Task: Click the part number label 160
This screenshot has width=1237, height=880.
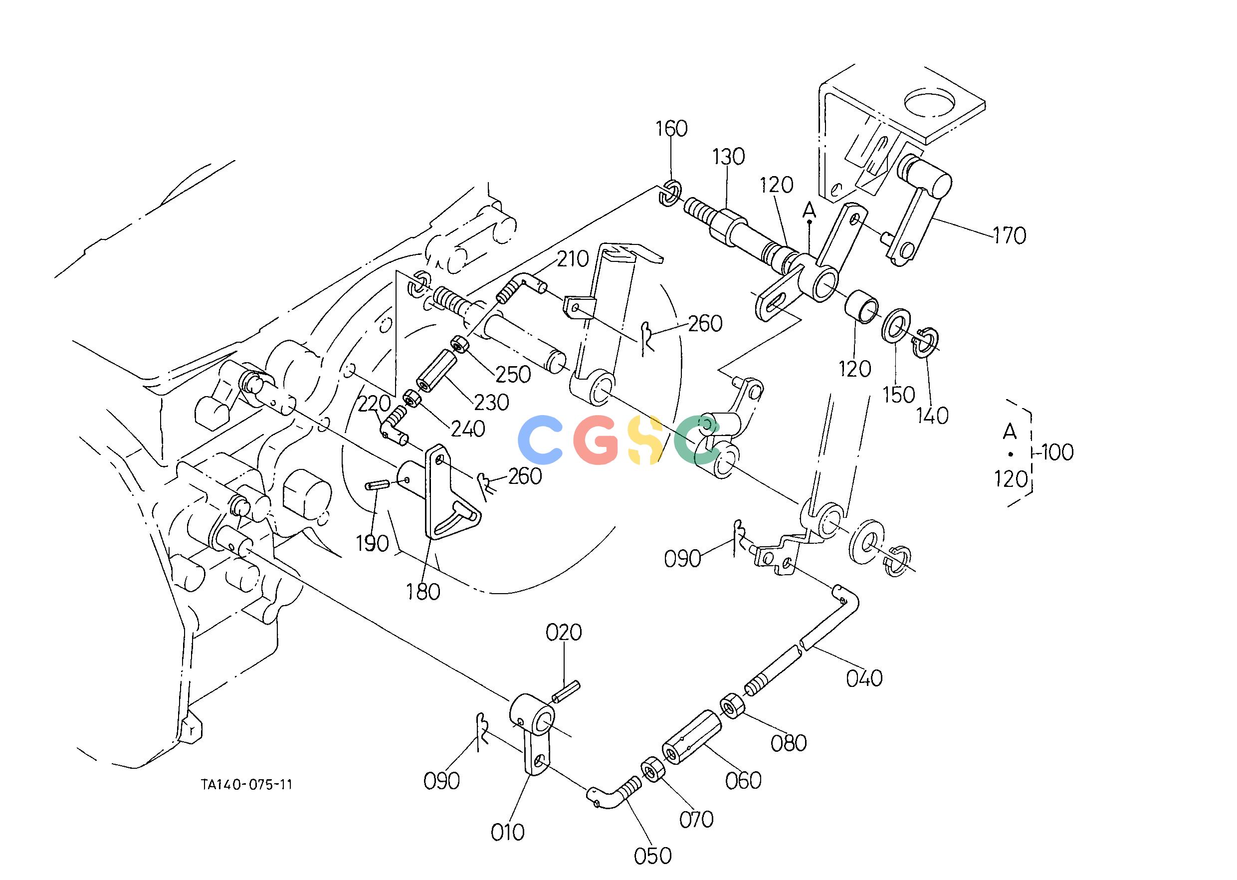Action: click(x=671, y=129)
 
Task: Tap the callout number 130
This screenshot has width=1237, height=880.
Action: click(x=728, y=157)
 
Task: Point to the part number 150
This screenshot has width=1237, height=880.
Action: click(x=899, y=395)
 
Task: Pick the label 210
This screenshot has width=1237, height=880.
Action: click(x=573, y=259)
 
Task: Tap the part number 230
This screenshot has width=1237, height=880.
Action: click(x=492, y=402)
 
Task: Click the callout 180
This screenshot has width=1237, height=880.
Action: click(x=423, y=592)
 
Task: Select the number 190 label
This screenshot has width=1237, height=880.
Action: click(x=373, y=543)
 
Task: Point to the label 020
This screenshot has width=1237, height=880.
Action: click(x=564, y=633)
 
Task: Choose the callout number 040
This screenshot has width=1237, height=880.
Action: click(x=865, y=678)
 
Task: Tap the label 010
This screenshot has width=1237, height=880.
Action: click(x=508, y=832)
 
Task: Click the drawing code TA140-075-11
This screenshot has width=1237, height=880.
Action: click(x=246, y=785)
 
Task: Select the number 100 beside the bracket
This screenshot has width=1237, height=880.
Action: click(x=1057, y=452)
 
